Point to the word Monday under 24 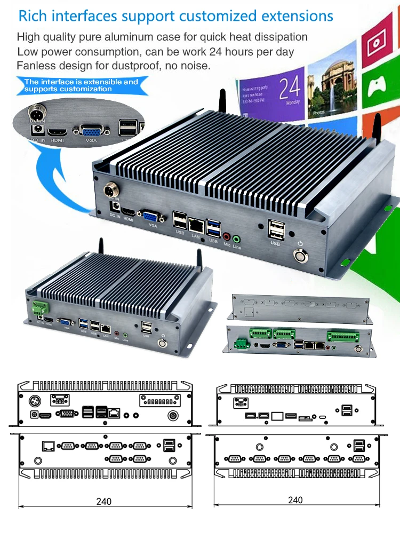pyautogui.click(x=293, y=102)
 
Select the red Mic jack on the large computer pyautogui.click(x=226, y=236)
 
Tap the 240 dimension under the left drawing pyautogui.click(x=104, y=502)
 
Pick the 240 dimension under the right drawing pyautogui.click(x=295, y=500)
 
